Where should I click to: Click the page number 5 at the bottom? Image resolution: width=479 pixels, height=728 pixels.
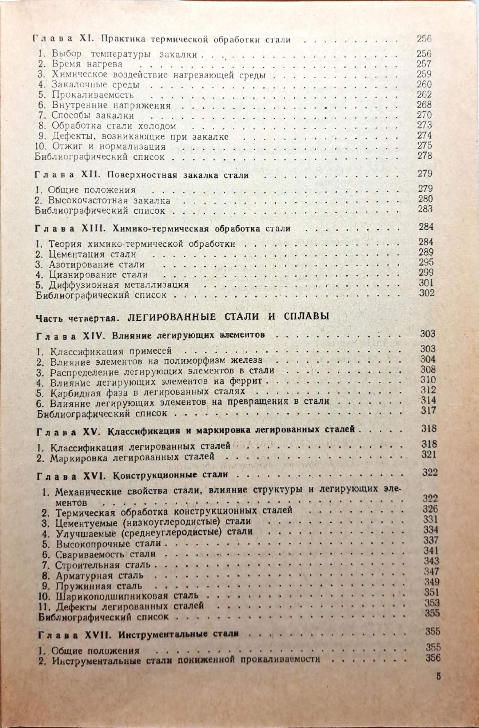(x=438, y=677)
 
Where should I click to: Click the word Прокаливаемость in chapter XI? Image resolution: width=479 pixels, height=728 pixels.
(x=93, y=95)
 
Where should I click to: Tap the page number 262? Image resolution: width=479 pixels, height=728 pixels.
(x=424, y=94)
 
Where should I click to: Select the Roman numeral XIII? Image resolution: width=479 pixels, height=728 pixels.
(x=96, y=229)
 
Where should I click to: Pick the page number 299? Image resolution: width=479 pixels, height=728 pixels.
(x=426, y=272)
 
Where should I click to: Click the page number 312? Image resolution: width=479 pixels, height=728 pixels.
(x=428, y=390)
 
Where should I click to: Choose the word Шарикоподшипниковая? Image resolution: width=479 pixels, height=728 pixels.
(x=112, y=596)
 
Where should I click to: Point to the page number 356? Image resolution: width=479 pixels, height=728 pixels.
(x=432, y=657)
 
